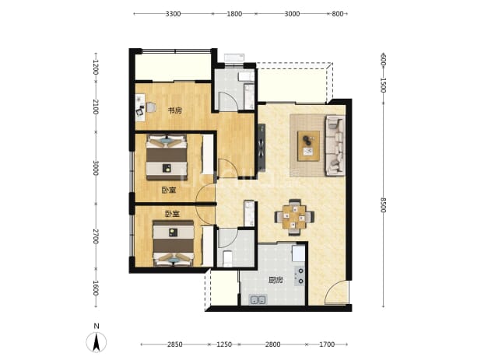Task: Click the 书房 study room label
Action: [x=175, y=110]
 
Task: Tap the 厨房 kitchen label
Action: [x=276, y=280]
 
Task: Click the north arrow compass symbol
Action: [x=97, y=341]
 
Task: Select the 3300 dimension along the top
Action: [x=173, y=14]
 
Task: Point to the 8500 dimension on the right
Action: [x=383, y=205]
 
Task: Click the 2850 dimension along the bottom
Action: [x=175, y=344]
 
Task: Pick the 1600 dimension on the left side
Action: [x=96, y=288]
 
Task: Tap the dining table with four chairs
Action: [x=294, y=217]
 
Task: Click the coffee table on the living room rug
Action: [x=308, y=146]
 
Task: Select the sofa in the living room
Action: [x=335, y=146]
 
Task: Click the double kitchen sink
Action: [x=258, y=299]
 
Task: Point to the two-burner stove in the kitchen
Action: [x=300, y=276]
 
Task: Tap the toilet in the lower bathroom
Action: [x=227, y=259]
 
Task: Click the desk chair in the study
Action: [x=151, y=107]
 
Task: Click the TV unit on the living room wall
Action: [x=262, y=146]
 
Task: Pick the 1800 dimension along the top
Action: [x=234, y=14]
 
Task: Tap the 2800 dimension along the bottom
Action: [x=272, y=344]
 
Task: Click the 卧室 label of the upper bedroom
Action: [x=169, y=190]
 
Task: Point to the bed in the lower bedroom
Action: [x=174, y=243]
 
